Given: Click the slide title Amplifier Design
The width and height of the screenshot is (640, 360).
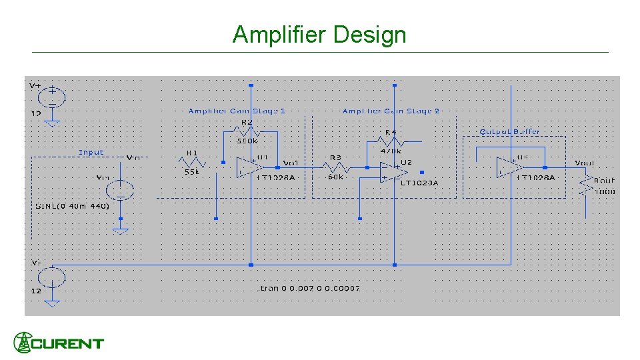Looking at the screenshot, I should pos(319,34).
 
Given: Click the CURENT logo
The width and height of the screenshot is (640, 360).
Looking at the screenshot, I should pos(59,343).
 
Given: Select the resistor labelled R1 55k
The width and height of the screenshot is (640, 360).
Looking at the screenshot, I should pos(192,162).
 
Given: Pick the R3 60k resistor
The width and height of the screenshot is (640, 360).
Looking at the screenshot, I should pos(335,167).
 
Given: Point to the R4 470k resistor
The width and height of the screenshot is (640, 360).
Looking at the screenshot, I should pos(390,141).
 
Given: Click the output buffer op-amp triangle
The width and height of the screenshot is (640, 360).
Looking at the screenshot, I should pos(510,167).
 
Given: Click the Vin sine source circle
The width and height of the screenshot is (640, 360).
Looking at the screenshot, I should pos(120,190).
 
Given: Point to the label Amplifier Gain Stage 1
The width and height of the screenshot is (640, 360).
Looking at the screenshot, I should pos(237,111).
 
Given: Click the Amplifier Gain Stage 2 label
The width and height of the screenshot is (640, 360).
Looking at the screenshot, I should pos(391,111).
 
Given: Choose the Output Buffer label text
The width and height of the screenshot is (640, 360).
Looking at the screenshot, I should pos(509,131).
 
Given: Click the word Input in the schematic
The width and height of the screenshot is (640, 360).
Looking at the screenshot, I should pos(91,152).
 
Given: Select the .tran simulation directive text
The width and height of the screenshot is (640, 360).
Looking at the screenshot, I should pos(309,288).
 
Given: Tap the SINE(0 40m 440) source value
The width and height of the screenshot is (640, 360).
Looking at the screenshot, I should pos(72,206).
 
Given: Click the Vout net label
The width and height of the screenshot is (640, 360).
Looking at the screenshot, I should pos(585,163).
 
